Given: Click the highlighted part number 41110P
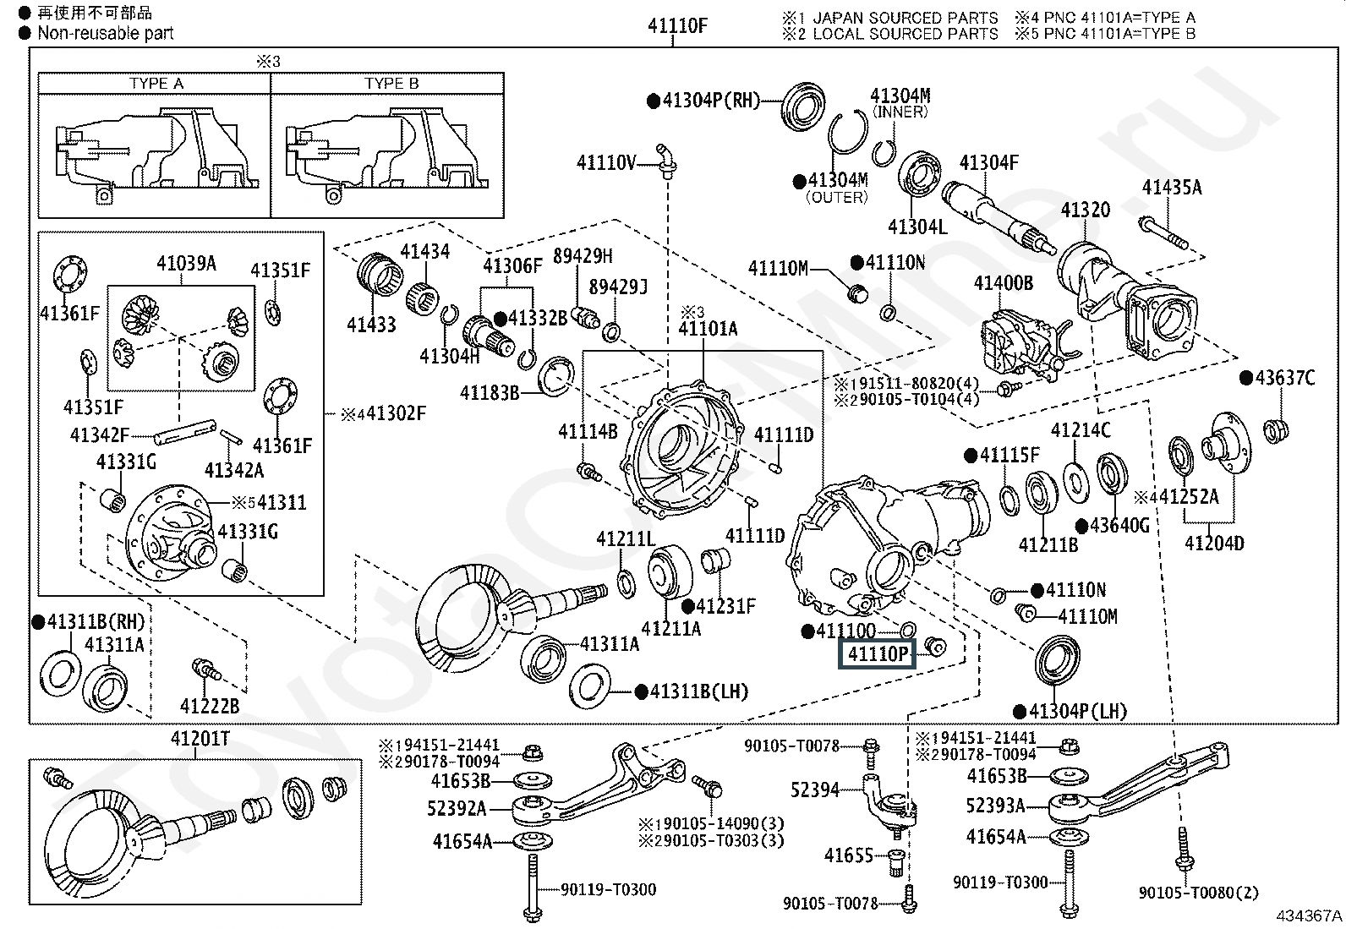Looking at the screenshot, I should coord(877,653).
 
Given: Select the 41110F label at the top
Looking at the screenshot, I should coord(677,25).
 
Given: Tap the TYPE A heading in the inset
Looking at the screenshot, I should coord(156,83).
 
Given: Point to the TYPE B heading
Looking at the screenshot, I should coord(391,83).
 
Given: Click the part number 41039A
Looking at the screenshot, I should coord(186,264).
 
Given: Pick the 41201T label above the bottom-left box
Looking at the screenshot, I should coord(200,739).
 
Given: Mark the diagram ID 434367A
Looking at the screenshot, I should coord(1309,915).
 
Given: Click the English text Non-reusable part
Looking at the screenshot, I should coord(105,33).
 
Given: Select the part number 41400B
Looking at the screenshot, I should coord(1003,282).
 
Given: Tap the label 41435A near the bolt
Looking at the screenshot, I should coord(1171,187).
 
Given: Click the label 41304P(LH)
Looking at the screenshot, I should coord(1077,712).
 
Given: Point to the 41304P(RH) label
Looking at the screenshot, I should coord(712,101).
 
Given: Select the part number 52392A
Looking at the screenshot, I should coord(457,809).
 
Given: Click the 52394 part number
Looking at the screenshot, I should coord(814,790).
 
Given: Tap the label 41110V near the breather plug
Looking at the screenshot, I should coord(605,162).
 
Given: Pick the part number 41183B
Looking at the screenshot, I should coord(490,393).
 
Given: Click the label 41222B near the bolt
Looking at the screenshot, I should coord(209,705).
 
